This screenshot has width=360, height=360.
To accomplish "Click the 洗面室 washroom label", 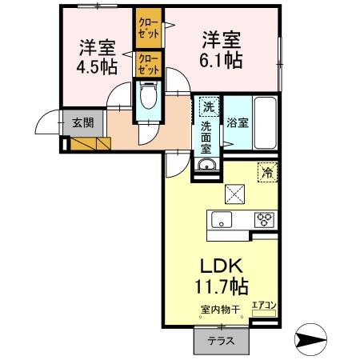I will (x=206, y=132).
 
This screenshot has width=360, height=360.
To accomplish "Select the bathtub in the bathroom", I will (x=262, y=124).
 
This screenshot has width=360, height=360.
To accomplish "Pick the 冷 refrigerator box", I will (x=266, y=170).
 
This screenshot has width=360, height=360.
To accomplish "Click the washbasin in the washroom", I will (x=207, y=166).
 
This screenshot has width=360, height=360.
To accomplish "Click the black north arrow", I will (x=311, y=338).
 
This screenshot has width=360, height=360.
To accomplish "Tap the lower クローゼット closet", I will (x=147, y=64).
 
